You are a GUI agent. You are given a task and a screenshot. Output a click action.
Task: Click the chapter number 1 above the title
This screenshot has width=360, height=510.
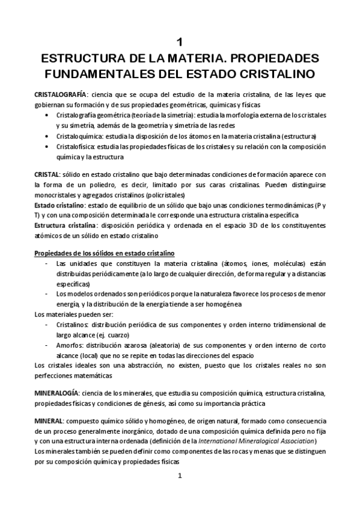click(x=180, y=43)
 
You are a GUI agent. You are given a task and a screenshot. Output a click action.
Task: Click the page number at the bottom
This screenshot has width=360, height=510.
click(x=180, y=476)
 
